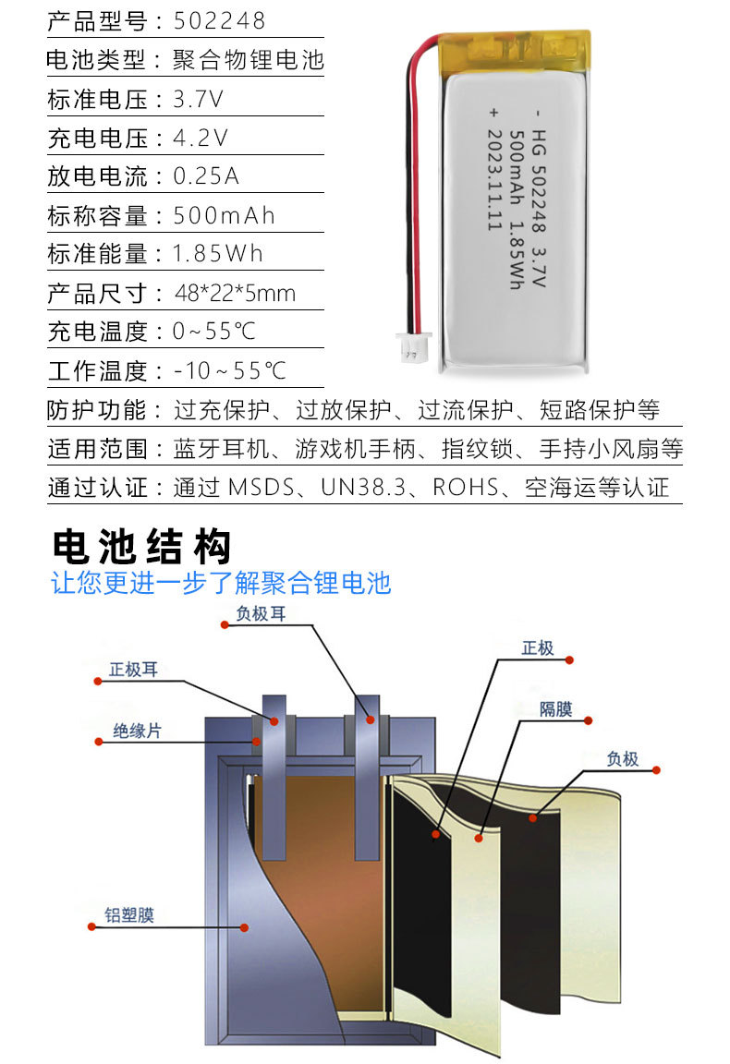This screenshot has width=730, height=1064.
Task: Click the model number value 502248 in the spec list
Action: [x=219, y=20]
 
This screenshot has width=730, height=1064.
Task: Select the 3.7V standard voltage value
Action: [x=198, y=100]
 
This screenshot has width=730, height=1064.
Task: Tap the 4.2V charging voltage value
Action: [x=200, y=139]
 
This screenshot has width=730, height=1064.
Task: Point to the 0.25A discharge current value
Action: [x=206, y=176]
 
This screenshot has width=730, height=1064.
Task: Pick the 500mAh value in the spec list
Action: [x=225, y=216]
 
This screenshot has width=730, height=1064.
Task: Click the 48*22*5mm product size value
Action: [x=235, y=294]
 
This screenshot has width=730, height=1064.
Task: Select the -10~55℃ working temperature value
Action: [x=230, y=371]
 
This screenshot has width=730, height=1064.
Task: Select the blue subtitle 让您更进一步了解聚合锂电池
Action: [x=221, y=583]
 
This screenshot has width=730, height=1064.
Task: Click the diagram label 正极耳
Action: [x=133, y=670]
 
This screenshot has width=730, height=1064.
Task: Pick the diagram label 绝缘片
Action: [x=137, y=730]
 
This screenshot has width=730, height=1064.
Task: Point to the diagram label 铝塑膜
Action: [x=128, y=914]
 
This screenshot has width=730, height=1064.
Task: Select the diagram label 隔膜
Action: [x=555, y=709]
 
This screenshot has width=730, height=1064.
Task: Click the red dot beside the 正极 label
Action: [x=569, y=659]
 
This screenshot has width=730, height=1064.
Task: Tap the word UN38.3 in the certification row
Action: [x=364, y=488]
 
